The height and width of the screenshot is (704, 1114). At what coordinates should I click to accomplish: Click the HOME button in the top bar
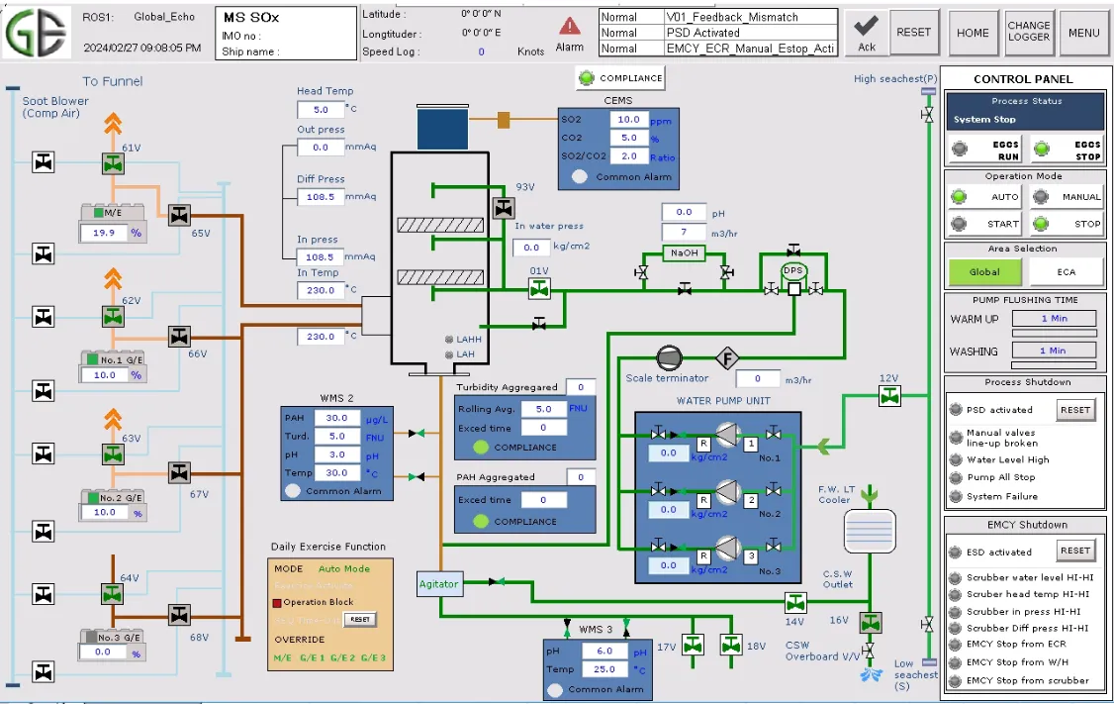(973, 33)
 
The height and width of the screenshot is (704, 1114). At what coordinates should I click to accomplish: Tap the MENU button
(1084, 33)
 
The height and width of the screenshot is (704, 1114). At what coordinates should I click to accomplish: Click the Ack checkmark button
(867, 33)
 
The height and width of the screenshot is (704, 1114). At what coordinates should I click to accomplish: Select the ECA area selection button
(1066, 271)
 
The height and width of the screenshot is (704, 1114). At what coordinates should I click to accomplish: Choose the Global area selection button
(984, 271)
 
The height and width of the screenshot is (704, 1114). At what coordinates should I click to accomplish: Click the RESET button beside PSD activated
(1074, 410)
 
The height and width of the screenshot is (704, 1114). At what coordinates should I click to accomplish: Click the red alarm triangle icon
(570, 26)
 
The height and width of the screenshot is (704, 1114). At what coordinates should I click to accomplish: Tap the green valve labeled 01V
(539, 289)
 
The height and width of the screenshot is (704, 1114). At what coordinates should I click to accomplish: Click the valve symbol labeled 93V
(504, 208)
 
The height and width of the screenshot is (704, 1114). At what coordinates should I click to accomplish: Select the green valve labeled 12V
(889, 396)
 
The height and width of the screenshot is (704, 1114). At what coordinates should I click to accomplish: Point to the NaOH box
(684, 252)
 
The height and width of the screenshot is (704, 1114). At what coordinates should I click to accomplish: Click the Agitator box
(438, 584)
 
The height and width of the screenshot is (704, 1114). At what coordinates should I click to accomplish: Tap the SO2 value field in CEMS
(628, 120)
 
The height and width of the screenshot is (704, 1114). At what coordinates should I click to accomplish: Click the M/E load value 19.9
(104, 233)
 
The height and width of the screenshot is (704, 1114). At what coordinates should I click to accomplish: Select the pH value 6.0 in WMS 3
(604, 652)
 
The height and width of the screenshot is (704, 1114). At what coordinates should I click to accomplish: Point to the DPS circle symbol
(793, 270)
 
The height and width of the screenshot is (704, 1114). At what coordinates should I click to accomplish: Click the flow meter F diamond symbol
(728, 357)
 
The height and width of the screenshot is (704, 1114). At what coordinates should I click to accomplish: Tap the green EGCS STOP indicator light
(1041, 150)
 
